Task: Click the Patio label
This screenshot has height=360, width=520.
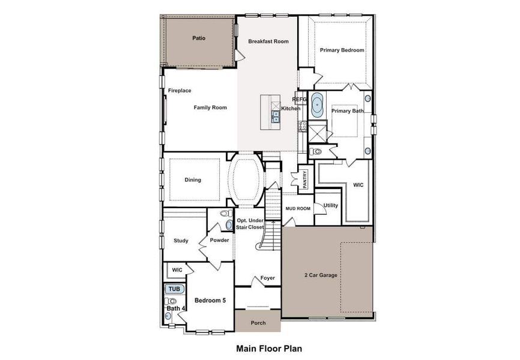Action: [199, 38]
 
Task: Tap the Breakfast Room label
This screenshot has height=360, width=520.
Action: [268, 41]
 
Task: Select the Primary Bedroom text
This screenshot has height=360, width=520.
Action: [342, 50]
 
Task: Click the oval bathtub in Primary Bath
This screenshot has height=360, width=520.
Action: [318, 105]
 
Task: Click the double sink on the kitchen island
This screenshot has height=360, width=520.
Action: [276, 116]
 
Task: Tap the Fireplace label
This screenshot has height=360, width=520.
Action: [180, 91]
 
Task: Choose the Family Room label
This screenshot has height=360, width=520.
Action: [210, 107]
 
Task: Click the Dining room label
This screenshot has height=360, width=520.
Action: [193, 180]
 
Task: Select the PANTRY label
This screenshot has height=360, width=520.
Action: [305, 179]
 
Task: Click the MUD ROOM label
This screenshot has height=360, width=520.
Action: [298, 209]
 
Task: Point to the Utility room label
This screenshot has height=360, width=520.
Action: [331, 206]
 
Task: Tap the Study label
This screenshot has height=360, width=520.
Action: [181, 241]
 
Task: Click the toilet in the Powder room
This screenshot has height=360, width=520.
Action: [227, 213]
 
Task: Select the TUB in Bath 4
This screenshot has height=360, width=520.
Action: [175, 289]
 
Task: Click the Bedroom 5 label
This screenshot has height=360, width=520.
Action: [210, 301]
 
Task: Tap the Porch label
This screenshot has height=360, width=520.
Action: [258, 323]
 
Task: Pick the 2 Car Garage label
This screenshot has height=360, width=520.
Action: [321, 275]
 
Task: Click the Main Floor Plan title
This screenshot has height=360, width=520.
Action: [269, 349]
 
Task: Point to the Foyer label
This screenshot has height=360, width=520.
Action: [267, 278]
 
